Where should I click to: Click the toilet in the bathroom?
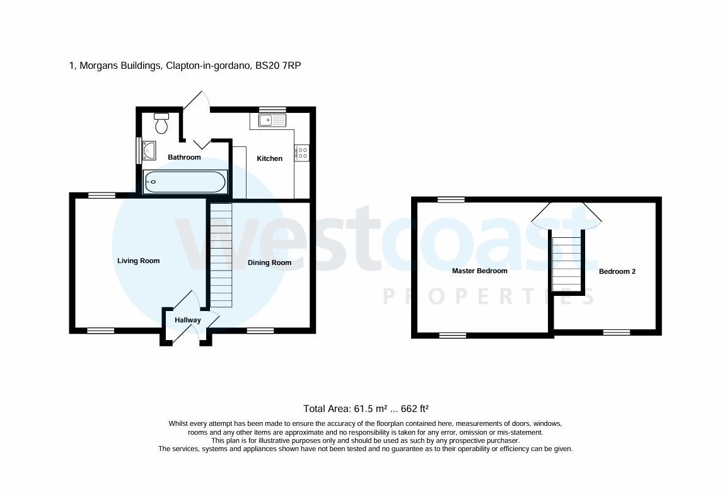click(x=162, y=124)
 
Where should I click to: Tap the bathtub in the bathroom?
click(x=184, y=183)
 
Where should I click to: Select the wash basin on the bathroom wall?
click(x=149, y=151)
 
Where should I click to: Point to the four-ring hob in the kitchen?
click(x=302, y=152)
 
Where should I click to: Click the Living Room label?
click(x=139, y=261)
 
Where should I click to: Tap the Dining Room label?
click(x=269, y=262)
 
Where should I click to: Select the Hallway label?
click(x=188, y=320)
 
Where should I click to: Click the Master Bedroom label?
click(x=479, y=271)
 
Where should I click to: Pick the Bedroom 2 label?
click(x=617, y=271)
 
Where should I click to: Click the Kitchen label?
click(x=269, y=158)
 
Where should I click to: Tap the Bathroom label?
click(x=184, y=157)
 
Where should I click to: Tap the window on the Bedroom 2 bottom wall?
click(x=616, y=332)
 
